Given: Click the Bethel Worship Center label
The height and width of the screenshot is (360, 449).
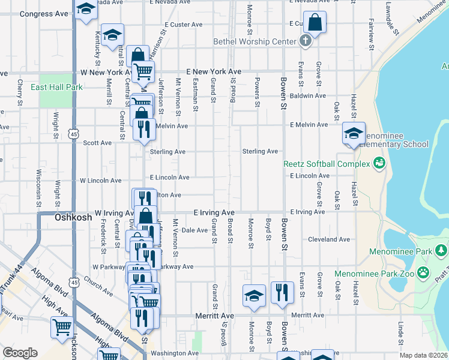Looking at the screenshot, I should pyautogui.click(x=255, y=41).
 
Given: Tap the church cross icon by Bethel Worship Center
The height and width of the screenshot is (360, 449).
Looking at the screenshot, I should pyautogui.click(x=306, y=41).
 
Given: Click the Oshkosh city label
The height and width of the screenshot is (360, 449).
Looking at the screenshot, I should pyautogui.click(x=73, y=217).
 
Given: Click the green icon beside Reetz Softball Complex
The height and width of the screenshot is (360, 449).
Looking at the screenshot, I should pyautogui.click(x=379, y=163).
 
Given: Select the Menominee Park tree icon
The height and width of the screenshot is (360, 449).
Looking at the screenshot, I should pyautogui.click(x=442, y=250).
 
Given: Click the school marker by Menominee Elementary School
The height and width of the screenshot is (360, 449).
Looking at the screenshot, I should pyautogui.click(x=354, y=133).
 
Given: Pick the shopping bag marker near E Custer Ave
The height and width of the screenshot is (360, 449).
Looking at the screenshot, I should pyautogui.click(x=315, y=23).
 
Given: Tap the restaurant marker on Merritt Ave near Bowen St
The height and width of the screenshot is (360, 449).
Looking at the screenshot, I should pyautogui.click(x=282, y=293).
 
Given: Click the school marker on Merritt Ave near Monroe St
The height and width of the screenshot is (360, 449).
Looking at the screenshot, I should pyautogui.click(x=254, y=295).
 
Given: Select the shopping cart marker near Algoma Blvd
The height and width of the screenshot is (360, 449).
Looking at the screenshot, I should pyautogui.click(x=62, y=328).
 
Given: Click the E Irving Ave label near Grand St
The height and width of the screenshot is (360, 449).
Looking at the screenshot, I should pyautogui.click(x=214, y=213).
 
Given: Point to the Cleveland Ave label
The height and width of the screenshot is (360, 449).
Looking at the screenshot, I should pyautogui.click(x=328, y=239).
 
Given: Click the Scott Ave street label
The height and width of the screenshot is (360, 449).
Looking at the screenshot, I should pyautogui.click(x=97, y=143).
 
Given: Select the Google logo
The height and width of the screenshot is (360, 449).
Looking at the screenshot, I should pyautogui.click(x=20, y=353).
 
